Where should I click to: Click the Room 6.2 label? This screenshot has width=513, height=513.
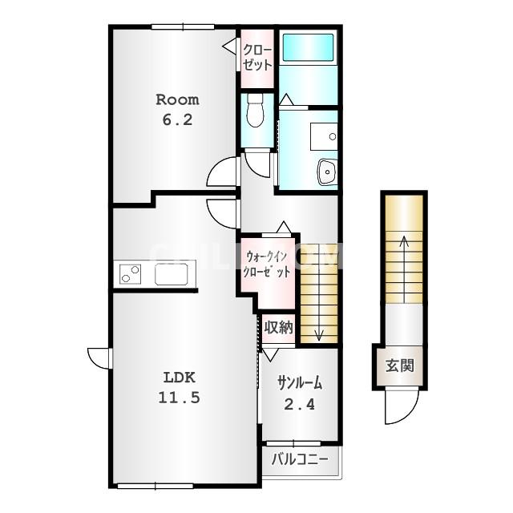pyautogui.click(x=177, y=110)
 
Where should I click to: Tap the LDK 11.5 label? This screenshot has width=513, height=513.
pyautogui.click(x=179, y=388)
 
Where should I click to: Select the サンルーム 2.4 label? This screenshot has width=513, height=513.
pyautogui.click(x=300, y=394)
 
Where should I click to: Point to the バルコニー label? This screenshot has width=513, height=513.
pyautogui.click(x=300, y=459)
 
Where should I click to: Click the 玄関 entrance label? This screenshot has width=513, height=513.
pyautogui.click(x=400, y=366)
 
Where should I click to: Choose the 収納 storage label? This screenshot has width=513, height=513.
pyautogui.click(x=279, y=327)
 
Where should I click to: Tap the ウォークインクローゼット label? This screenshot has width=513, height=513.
pyautogui.click(x=268, y=264)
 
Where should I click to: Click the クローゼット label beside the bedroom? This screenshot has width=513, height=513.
pyautogui.click(x=257, y=58)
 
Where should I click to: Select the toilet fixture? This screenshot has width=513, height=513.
pyautogui.click(x=255, y=111)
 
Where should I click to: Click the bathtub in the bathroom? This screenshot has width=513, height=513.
pyautogui.click(x=308, y=48)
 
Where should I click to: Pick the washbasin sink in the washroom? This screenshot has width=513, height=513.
pyautogui.click(x=328, y=172)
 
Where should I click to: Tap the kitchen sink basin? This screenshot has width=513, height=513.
pyautogui.click(x=171, y=274)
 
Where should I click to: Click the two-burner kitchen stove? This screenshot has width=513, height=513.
pyautogui.click(x=130, y=274)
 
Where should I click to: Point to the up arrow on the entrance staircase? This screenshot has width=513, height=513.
pyautogui.click(x=404, y=269)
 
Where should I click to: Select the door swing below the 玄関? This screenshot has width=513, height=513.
pyautogui.click(x=402, y=406)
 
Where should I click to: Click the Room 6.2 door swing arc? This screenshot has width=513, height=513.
pyautogui.click(x=221, y=172)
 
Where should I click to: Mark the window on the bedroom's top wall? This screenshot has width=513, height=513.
pyautogui.click(x=183, y=26)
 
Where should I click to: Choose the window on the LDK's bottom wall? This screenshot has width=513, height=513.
pyautogui.click(x=155, y=487)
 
